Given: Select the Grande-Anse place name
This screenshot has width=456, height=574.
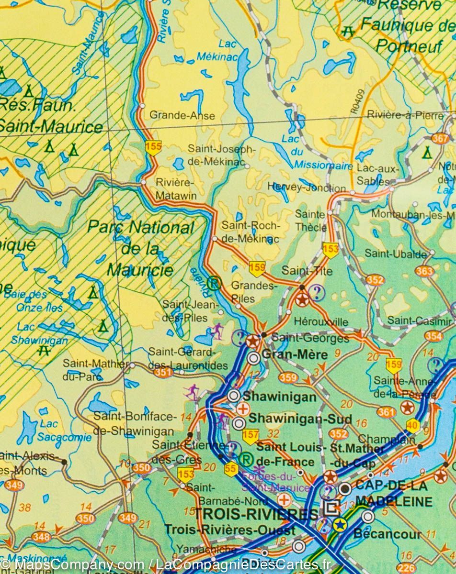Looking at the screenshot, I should click(182, 115).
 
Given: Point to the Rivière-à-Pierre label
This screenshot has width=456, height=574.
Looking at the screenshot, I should click(405, 115).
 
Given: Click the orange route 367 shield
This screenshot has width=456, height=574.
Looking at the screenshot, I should click(440, 139).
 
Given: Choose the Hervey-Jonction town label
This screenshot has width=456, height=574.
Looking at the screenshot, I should click(307, 188).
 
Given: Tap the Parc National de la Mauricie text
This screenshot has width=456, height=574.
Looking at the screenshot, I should click(140, 248).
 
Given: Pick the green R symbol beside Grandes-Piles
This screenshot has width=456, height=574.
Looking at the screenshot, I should click(214, 284).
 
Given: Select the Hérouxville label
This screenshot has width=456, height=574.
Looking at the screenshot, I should click(321, 321).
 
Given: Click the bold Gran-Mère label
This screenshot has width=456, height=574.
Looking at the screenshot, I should click(296, 355).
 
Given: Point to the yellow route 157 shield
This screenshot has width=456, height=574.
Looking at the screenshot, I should click(251, 436).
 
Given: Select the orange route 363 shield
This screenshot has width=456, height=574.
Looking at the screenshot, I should click(424, 271).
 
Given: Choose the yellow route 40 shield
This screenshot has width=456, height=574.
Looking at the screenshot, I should click(413, 425).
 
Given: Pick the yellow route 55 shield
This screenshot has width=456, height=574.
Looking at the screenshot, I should click(231, 469).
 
